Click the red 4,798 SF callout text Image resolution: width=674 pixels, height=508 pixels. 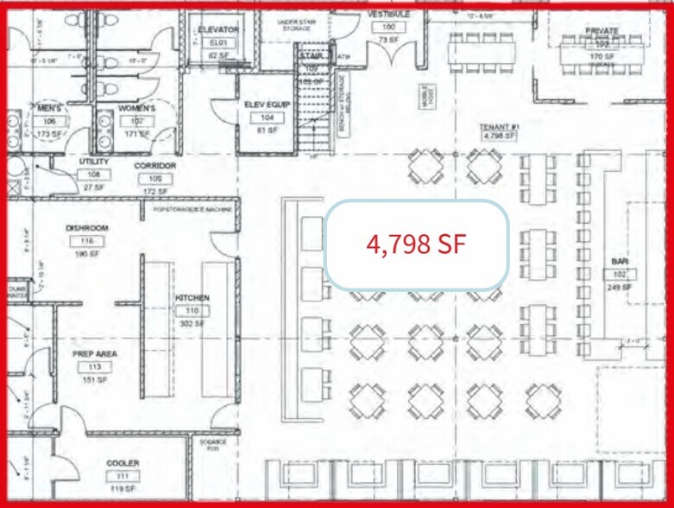point(416,244)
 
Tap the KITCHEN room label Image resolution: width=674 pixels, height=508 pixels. point(192,298)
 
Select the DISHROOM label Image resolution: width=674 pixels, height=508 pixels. point(87,228)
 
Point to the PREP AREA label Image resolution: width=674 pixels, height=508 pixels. point(96,353)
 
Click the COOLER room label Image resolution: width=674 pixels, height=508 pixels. point(123,463)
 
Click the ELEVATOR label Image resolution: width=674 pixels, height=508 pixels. point(217,29)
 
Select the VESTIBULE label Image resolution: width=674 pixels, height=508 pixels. point(388,15)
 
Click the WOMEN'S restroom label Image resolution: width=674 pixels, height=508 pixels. point(136,108)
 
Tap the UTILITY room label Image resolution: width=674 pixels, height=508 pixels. point(93,162)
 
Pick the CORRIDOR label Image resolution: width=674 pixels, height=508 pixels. point(155,165)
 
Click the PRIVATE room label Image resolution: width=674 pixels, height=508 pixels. point(602,30)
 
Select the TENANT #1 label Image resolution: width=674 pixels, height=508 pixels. point(498,126)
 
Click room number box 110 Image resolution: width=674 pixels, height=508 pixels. point(192,310)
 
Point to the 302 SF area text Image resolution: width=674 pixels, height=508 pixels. point(192,323)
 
